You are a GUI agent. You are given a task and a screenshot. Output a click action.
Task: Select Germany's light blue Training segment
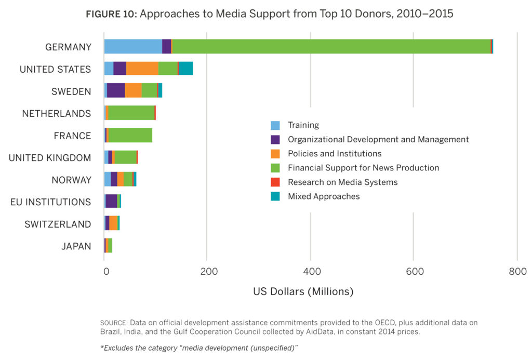pos(133,46)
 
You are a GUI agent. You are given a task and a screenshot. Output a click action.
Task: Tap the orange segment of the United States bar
pos(142,68)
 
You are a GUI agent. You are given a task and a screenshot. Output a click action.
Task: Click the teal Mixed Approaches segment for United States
pos(186,68)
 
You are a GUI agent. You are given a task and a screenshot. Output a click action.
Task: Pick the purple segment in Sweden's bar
pos(116,90)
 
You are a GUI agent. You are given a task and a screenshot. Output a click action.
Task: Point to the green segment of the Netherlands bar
pos(131,112)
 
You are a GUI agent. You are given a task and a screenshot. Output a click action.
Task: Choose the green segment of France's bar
pos(130,135)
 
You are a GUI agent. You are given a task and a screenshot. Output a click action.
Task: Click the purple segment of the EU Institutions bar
pos(111,201)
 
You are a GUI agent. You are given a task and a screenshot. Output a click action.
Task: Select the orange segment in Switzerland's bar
pos(113,223)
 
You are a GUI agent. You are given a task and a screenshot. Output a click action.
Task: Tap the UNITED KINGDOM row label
pos(50,157)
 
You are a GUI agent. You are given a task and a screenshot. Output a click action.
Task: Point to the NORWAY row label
pos(71,180)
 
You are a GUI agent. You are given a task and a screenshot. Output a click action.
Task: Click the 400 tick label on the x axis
pos(310,271)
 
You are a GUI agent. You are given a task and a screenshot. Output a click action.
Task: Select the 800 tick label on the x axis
pos(517,271)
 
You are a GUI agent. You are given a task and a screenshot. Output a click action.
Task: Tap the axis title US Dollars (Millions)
pos(303,291)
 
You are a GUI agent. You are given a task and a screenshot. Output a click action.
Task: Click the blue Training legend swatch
pos(275,125)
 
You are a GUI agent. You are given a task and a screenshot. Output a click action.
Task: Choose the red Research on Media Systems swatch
pos(275,182)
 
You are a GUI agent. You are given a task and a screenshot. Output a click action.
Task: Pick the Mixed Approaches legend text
pos(324,196)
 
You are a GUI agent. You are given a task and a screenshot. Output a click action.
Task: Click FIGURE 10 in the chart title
pos(111,14)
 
